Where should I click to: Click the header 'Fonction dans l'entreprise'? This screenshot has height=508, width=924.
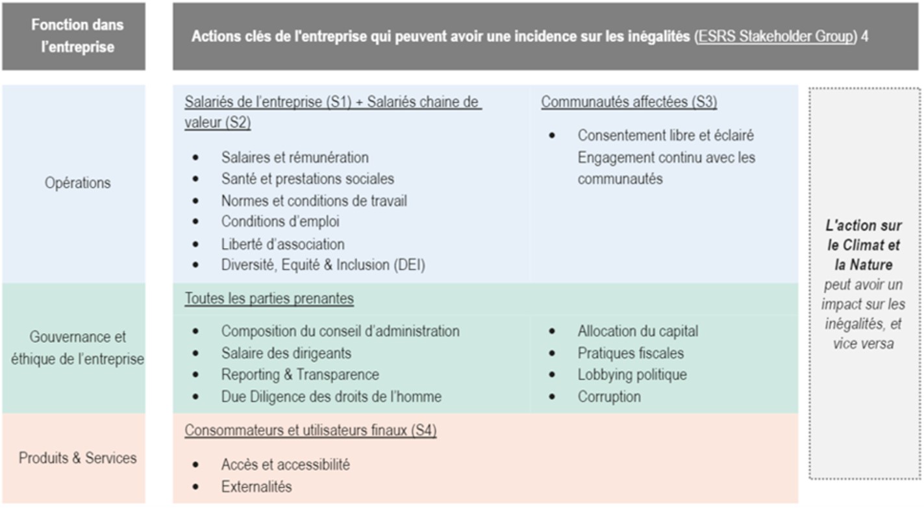(x=78, y=36)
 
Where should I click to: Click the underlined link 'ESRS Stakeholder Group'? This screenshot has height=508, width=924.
(x=775, y=36)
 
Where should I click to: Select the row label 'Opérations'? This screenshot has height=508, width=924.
(x=78, y=183)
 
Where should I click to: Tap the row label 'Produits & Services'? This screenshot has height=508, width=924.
(x=78, y=458)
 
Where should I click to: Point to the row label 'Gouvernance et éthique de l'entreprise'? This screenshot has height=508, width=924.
(x=78, y=348)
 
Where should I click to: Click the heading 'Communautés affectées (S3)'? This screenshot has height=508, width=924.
(x=629, y=102)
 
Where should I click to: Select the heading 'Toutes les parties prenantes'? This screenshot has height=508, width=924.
(x=269, y=299)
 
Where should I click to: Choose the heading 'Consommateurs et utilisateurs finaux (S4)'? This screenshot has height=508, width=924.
(x=310, y=431)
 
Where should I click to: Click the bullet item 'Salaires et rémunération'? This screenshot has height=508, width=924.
(x=295, y=158)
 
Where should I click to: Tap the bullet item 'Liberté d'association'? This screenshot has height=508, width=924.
(x=282, y=244)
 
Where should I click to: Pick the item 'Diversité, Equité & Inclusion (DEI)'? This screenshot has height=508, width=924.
(x=323, y=265)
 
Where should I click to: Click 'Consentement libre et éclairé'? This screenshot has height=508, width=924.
(x=666, y=136)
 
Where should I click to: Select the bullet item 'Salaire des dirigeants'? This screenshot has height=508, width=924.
(x=286, y=354)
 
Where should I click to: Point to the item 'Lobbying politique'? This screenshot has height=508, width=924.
(x=632, y=375)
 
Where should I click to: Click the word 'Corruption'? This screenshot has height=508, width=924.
(x=609, y=396)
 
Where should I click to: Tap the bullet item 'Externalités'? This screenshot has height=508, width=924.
(x=256, y=487)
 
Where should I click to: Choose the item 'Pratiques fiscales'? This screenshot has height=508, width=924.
(x=631, y=354)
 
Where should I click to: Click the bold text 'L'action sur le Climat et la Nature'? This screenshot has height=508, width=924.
(x=863, y=245)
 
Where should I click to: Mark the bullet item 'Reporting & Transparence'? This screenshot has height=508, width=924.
(x=300, y=375)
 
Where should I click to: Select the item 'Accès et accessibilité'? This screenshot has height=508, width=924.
(x=285, y=465)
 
